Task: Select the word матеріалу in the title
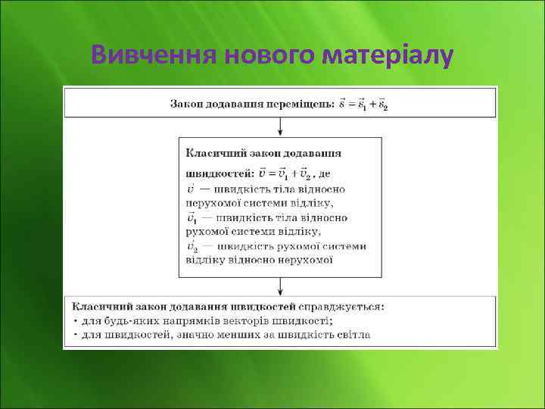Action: coord(388,55)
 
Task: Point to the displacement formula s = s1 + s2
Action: coord(364,104)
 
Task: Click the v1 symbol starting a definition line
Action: coord(192,218)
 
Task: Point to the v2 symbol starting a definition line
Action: coord(192,246)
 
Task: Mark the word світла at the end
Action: coord(352,334)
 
